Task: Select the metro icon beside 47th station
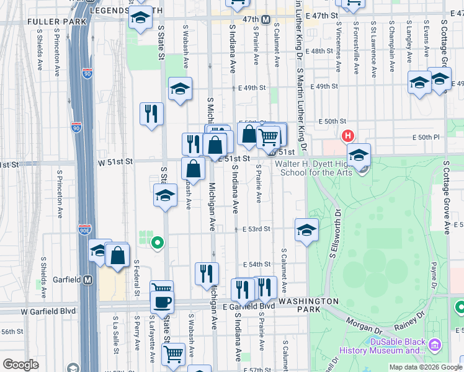pos(265,20)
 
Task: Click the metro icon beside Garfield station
pos(88,280)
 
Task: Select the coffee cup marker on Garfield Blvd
pos(163,302)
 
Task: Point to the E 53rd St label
pos(256,229)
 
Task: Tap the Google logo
pos(20,365)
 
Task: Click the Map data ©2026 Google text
pos(425,367)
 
